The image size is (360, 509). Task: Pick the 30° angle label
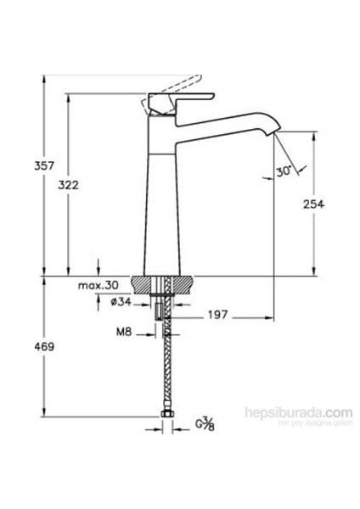pos(284,171)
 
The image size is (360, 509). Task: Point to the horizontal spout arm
pos(225,120)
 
